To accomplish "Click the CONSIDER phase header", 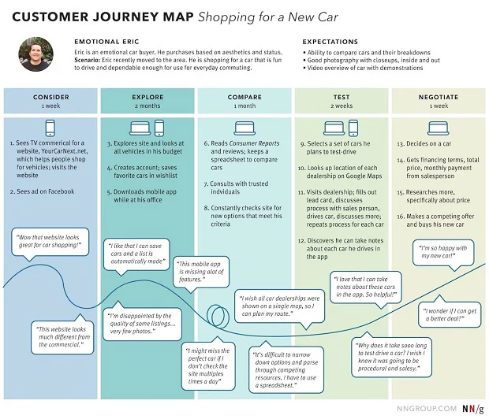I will (50, 98).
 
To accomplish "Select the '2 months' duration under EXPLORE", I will (147, 106).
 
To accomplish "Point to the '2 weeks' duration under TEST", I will (342, 106).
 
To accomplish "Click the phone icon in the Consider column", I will (50, 128).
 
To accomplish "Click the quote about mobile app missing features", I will (203, 272).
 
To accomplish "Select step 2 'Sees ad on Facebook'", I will (47, 191).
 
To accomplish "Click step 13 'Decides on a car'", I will (431, 145).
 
